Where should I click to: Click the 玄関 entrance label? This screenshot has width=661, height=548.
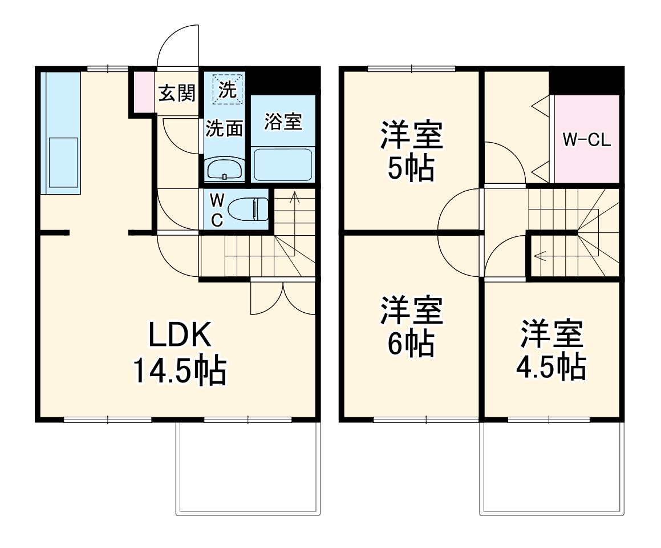coord(177,92)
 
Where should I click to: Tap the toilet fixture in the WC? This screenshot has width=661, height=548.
coord(252,209)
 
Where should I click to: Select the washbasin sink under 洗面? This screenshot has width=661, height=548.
coord(224,170)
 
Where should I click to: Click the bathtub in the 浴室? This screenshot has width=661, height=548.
coord(283,165)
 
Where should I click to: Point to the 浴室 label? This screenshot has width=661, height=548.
coord(283,121)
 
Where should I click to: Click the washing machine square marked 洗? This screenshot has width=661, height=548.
coord(228,89)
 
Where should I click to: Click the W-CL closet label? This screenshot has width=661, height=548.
coord(587,140)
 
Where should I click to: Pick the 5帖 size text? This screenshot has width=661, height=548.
coord(411,168)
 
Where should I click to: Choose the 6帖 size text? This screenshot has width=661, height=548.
coord(411,344)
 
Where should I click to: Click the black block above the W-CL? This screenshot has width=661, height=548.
coord(586,80)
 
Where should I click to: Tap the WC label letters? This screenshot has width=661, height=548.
coord(217,209)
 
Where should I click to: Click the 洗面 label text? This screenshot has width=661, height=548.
coord(224,128)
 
